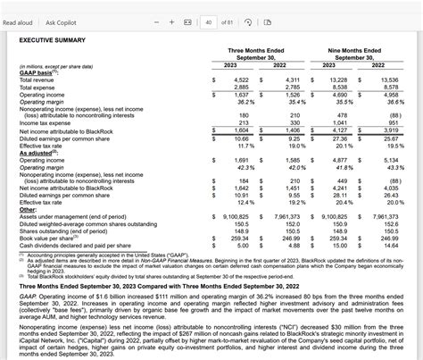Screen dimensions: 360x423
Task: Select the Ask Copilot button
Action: [66, 21]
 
